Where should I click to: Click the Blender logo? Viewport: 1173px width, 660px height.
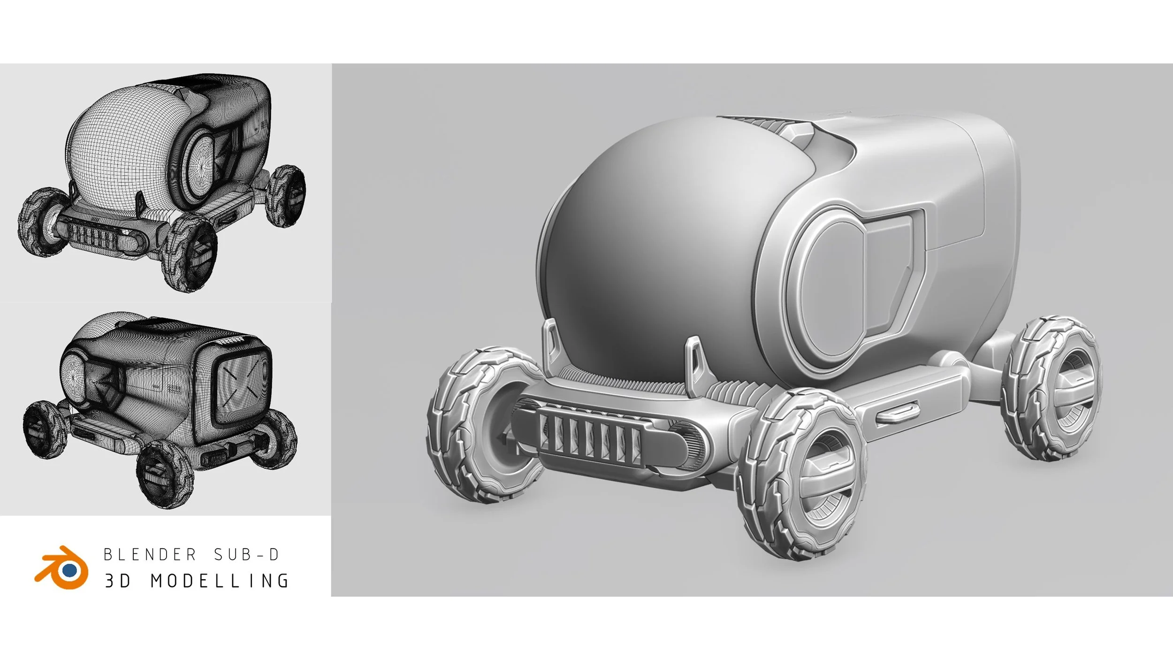[62, 567]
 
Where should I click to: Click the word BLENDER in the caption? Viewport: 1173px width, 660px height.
[150, 555]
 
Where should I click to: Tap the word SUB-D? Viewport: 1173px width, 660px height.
[247, 555]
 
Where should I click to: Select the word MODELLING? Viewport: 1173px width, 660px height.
[220, 581]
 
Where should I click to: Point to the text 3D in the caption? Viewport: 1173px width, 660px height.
[117, 581]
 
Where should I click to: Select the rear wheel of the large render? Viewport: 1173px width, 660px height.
[1051, 388]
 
